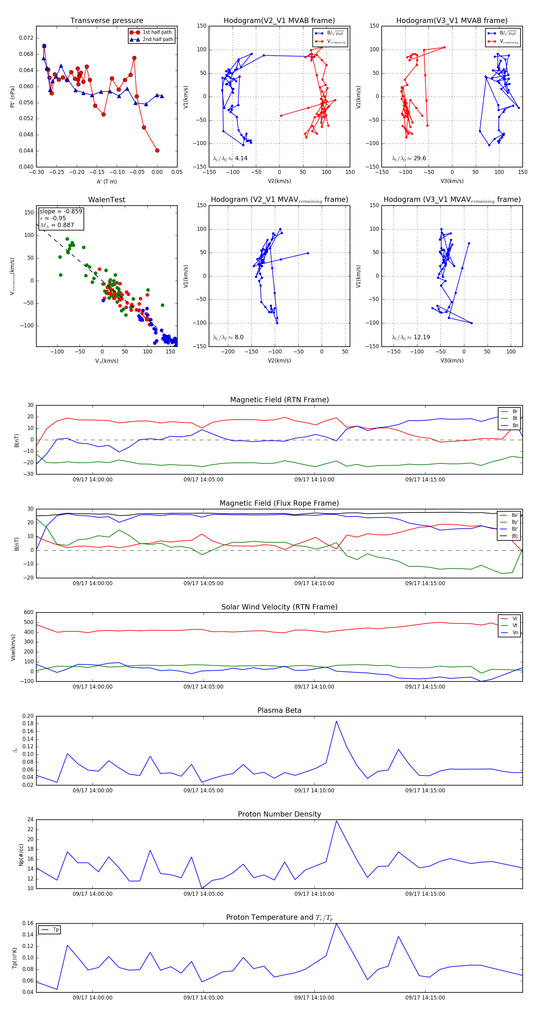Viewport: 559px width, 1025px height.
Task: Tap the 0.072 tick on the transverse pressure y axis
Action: click(26, 38)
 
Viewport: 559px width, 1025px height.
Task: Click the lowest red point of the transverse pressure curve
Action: click(157, 150)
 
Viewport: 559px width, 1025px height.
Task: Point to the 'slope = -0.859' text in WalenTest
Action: click(61, 211)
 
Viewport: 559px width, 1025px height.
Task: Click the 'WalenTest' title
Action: click(107, 200)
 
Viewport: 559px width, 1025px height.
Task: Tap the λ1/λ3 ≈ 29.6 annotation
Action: click(409, 158)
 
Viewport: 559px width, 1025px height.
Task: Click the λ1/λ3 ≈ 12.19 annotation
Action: click(411, 337)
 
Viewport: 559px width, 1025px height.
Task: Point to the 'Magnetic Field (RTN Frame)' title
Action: click(279, 400)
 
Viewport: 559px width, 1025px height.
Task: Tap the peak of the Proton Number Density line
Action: click(336, 821)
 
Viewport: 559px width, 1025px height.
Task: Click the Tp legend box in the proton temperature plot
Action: click(50, 930)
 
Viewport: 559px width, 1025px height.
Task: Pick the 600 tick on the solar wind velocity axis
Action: click(29, 613)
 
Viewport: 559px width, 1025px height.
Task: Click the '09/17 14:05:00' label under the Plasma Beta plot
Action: click(203, 790)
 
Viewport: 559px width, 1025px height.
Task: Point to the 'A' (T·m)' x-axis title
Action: click(107, 181)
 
